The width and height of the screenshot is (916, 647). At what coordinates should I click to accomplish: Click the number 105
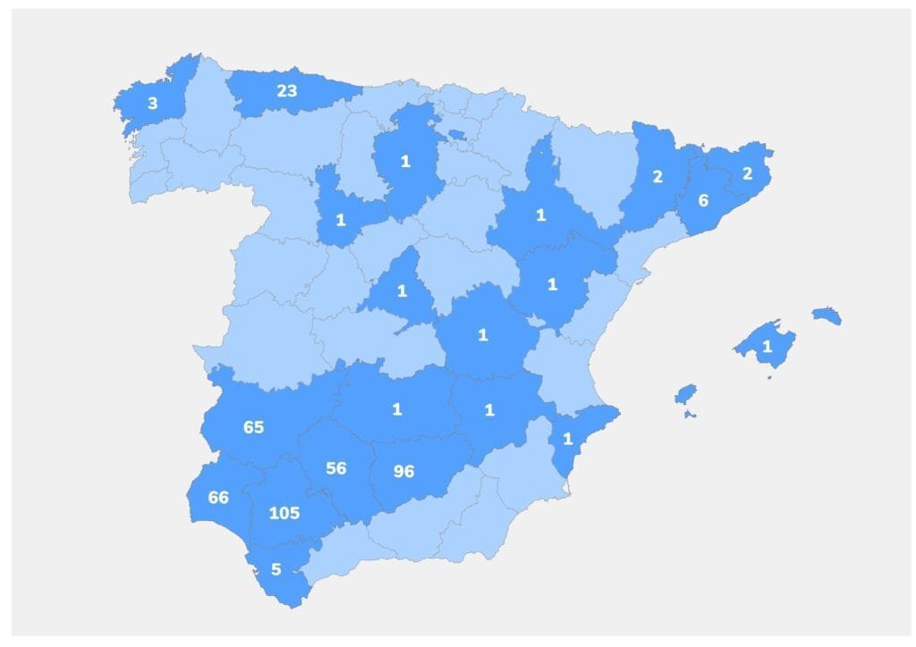pos(284,513)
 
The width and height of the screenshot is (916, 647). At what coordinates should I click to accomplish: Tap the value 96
pos(404,471)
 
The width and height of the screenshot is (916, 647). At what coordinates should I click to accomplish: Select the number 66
pos(218,498)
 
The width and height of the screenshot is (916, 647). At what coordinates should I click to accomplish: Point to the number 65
pos(253,427)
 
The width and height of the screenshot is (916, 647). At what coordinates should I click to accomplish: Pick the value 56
pos(336,468)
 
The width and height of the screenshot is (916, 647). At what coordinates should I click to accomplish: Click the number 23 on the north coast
pos(286,90)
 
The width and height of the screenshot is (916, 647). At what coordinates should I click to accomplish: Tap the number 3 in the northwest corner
pos(152,104)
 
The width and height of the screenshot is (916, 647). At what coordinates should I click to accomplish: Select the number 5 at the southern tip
pos(276,568)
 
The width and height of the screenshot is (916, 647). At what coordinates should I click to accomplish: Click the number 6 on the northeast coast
pos(703,200)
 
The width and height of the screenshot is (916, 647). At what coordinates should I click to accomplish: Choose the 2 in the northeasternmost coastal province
pos(747,174)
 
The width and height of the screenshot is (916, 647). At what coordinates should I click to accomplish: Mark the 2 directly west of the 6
pos(657,176)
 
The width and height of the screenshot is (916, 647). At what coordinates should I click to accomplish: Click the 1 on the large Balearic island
pos(767,346)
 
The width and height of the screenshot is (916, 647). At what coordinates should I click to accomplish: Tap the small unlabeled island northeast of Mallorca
pos(827,315)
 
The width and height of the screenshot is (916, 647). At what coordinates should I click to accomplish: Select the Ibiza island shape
pos(685,394)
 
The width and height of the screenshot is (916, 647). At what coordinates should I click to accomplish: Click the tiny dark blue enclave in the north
pos(457,135)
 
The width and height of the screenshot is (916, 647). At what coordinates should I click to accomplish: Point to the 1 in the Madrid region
pos(401,290)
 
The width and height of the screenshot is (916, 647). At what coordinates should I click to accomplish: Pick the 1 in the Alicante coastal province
pos(567,439)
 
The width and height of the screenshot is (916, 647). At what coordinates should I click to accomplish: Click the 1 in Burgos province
pos(405,162)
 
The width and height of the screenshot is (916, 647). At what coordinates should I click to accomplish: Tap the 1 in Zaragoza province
pos(540,215)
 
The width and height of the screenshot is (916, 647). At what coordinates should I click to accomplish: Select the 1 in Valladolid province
pos(340,220)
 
